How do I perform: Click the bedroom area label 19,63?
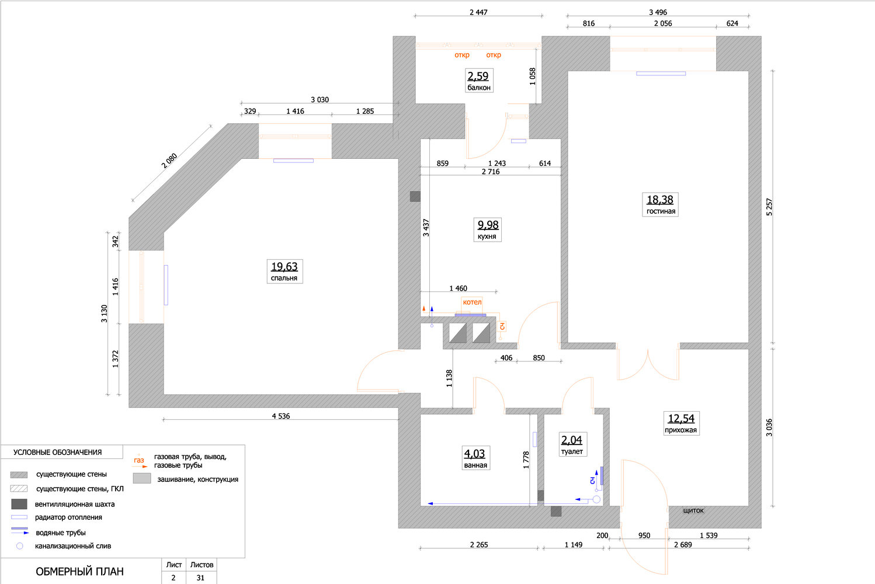pyautogui.click(x=284, y=266)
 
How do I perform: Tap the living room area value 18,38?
pyautogui.click(x=660, y=200)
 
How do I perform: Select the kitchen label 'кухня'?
pyautogui.click(x=487, y=237)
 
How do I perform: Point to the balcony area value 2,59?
pyautogui.click(x=478, y=76)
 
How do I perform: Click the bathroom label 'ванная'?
pyautogui.click(x=475, y=465)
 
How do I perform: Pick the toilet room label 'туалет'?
pyautogui.click(x=572, y=451)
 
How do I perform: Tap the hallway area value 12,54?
pyautogui.click(x=681, y=418)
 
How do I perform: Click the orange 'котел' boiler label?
pyautogui.click(x=472, y=302)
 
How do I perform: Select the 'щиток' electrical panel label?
pyautogui.click(x=693, y=510)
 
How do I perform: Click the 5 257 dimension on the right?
pyautogui.click(x=769, y=207)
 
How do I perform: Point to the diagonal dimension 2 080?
pyautogui.click(x=169, y=161)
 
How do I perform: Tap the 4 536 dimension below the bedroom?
pyautogui.click(x=281, y=416)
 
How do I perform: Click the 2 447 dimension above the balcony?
pyautogui.click(x=478, y=12)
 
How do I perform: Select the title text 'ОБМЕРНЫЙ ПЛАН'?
pyautogui.click(x=79, y=572)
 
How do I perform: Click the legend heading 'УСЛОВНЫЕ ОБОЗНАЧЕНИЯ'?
pyautogui.click(x=57, y=453)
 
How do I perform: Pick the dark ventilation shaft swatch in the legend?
pyautogui.click(x=19, y=504)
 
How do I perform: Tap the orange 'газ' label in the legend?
pyautogui.click(x=138, y=460)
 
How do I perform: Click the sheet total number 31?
pyautogui.click(x=200, y=578)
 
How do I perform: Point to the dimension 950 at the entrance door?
pyautogui.click(x=644, y=535)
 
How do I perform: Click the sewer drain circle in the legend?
pyautogui.click(x=19, y=546)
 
